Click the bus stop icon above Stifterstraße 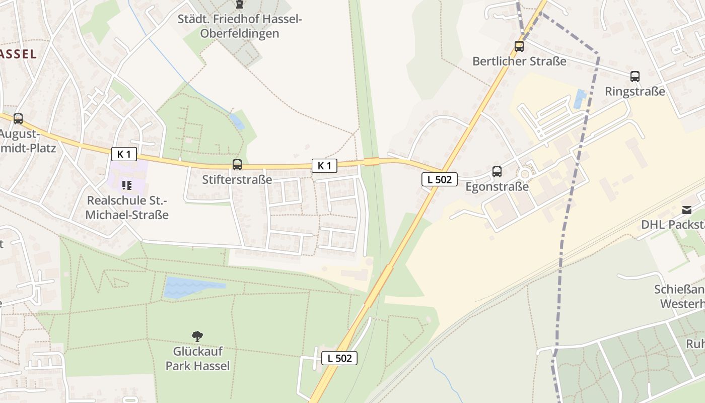coord(237,164)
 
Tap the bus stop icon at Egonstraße coord(497,172)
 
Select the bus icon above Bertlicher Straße coord(519,46)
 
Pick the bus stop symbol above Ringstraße coord(634,77)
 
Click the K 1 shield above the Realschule coord(124,154)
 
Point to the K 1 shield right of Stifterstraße coord(324,165)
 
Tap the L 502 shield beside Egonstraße coord(440,179)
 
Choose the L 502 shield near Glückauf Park coord(339,358)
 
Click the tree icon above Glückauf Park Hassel coord(197,336)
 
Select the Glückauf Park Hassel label coord(197,358)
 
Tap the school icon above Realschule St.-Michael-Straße coord(126,185)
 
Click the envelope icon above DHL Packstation coord(686,210)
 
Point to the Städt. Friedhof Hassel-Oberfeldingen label coord(240,26)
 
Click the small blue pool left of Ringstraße coord(580,99)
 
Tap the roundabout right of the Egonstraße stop coord(525,174)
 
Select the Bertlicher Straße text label coord(519,61)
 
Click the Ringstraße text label coord(634,92)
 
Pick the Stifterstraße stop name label coord(237,179)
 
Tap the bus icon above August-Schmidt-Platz coord(18,119)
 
